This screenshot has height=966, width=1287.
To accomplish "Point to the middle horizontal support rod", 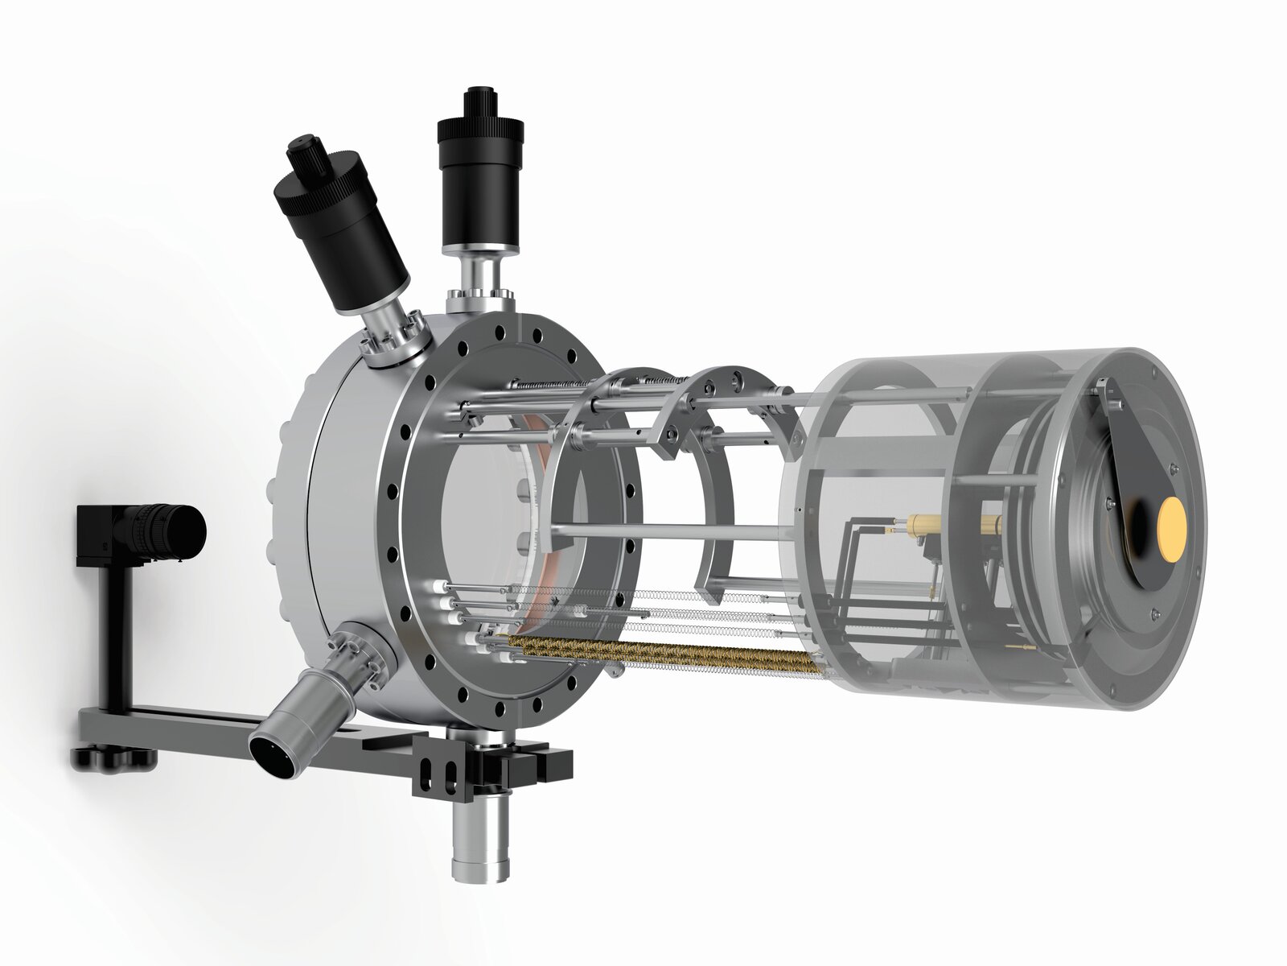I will click(x=668, y=531).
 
